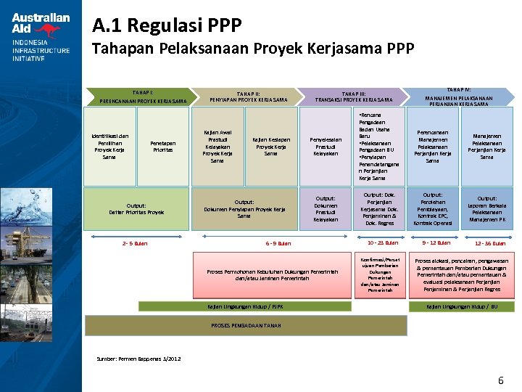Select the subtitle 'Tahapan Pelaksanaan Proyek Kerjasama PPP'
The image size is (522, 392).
click(x=252, y=49)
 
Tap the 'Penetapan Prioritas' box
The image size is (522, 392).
click(x=162, y=147)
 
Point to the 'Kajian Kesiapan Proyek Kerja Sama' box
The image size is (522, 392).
click(x=270, y=147)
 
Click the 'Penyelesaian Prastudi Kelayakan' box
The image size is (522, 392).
click(x=326, y=147)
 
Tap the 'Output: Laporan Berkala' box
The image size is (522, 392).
click(x=487, y=208)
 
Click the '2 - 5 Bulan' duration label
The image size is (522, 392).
click(x=136, y=243)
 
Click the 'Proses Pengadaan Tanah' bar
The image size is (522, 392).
click(x=246, y=325)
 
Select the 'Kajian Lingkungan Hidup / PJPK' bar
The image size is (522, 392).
click(x=246, y=306)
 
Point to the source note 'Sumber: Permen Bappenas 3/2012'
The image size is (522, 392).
click(x=139, y=359)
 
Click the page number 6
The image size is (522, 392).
click(x=500, y=381)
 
